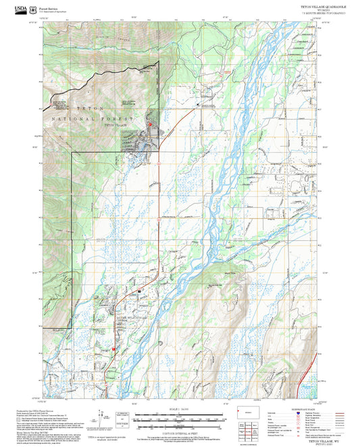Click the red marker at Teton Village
point(150,124)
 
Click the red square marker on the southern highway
point(113,348)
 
